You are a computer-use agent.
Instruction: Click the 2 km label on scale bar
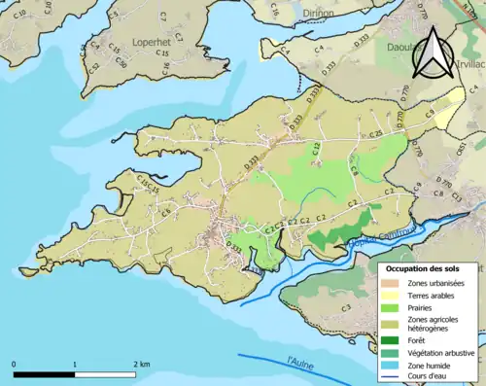tap(143, 365)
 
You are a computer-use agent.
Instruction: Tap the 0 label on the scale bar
tap(15, 365)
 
